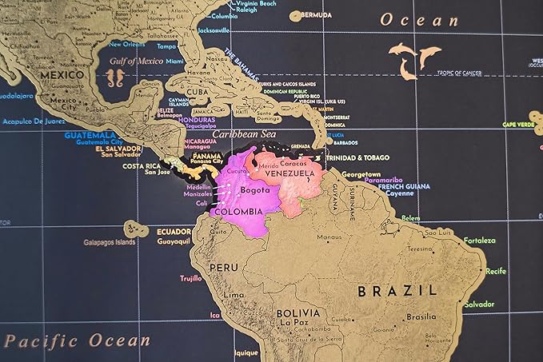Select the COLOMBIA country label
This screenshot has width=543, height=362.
[238, 212]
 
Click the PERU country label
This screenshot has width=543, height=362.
[224, 267]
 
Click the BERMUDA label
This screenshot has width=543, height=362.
[316, 15]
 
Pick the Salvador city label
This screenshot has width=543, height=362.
[478, 304]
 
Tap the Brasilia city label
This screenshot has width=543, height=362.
[421, 316]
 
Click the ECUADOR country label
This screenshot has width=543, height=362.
[174, 231]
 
